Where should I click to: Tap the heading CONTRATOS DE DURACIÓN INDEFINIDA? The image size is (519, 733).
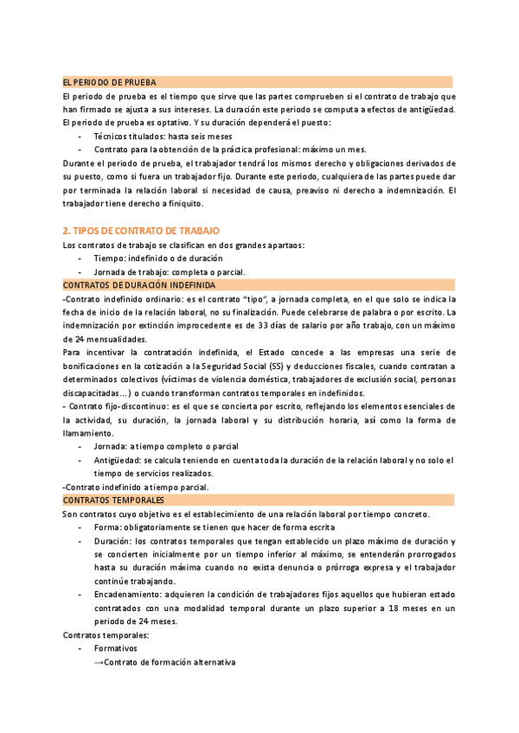coord(140,284)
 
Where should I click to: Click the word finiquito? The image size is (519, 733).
coord(177,203)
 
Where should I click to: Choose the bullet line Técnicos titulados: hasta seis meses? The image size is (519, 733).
coord(163,136)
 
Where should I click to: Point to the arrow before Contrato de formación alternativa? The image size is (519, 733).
coord(99,662)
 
